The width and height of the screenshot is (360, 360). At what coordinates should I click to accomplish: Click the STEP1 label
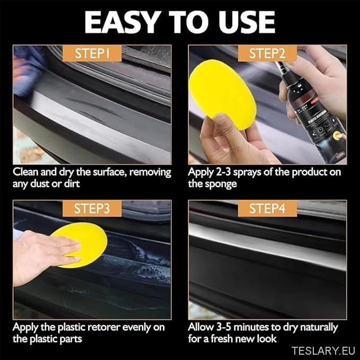[92, 53]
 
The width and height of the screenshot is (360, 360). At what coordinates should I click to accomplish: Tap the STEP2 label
[267, 53]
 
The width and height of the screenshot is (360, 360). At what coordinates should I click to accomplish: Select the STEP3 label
[92, 208]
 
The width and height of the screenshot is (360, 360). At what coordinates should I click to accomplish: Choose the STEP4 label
[267, 208]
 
